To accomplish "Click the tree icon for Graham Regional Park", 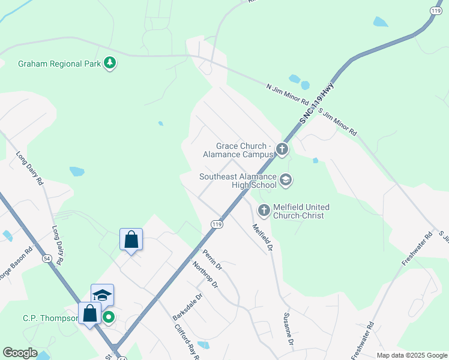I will coord(110,63).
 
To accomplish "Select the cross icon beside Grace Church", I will coord(282,149).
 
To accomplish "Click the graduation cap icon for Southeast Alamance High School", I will coord(286,179).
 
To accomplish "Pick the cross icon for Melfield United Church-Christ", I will coord(264,211).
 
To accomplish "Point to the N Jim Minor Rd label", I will coord(288,95).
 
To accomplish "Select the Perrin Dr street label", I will coord(212,259).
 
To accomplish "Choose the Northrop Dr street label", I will coord(206,275).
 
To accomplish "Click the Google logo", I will coord(19,353).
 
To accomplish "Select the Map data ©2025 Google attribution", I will coord(412,355).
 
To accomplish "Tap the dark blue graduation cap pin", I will coord(102,295).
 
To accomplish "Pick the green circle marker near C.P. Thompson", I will coord(109,316).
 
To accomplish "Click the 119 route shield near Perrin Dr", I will coord(217,224).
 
